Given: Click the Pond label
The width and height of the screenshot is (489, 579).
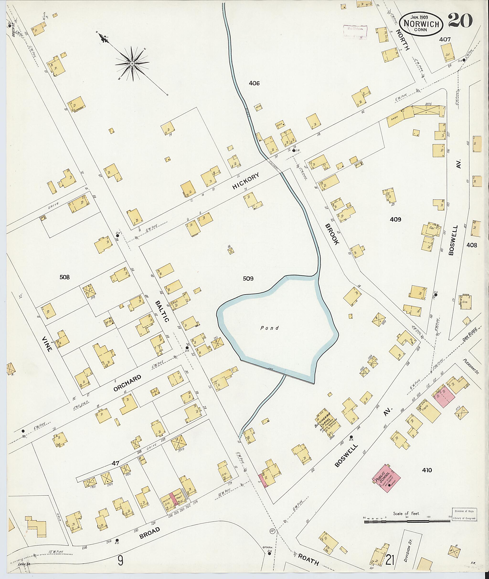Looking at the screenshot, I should (x=269, y=328).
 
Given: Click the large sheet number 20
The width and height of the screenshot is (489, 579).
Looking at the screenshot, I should (x=460, y=21).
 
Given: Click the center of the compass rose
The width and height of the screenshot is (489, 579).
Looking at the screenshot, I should (x=132, y=64).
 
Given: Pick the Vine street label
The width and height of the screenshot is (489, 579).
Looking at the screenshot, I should (x=47, y=343).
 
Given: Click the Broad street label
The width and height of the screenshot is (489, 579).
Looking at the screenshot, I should (x=150, y=533).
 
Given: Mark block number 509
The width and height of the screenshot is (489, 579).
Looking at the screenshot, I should (x=248, y=279).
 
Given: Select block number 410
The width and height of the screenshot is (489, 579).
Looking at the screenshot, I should (x=427, y=470).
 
